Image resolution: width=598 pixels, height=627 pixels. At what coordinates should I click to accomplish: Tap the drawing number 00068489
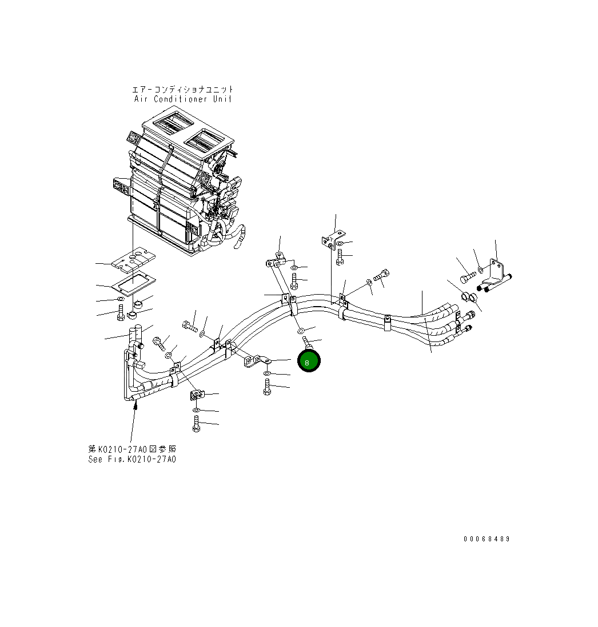point(486,539)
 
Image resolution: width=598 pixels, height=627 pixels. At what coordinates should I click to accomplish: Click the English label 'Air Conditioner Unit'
point(183,98)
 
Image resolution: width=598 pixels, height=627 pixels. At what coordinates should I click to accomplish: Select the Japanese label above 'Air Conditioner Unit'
point(183,89)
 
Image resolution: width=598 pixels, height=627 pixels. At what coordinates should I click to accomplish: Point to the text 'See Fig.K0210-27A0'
point(132,459)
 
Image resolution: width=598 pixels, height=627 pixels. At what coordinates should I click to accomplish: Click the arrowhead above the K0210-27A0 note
point(135,405)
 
